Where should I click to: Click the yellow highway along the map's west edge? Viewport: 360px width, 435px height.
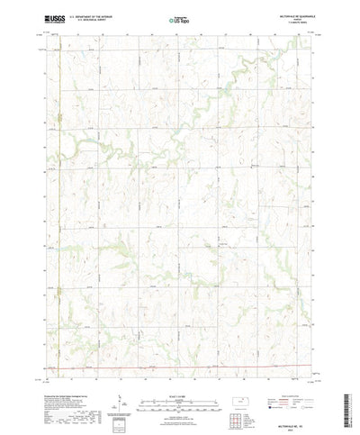(x=58, y=180)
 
